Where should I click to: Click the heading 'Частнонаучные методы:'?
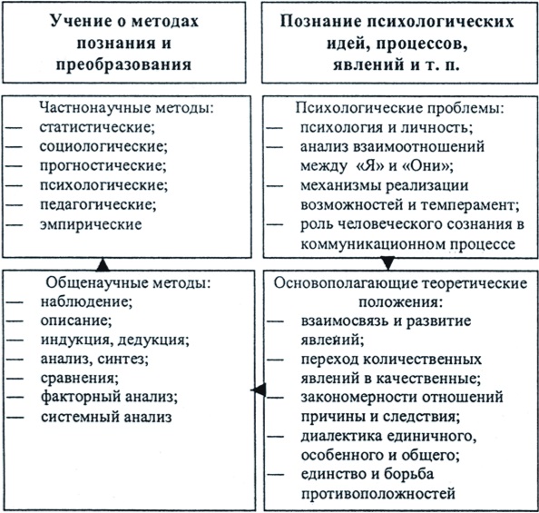126,108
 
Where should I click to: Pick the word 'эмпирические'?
91,224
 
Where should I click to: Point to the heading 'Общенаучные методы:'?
128,282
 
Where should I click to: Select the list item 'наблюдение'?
85,301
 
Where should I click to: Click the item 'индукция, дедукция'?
113,340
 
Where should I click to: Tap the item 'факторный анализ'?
108,398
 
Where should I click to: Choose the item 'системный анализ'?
106,417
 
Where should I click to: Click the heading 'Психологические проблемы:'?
400,108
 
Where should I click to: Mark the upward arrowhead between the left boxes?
103,264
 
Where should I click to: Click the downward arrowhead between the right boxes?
388,263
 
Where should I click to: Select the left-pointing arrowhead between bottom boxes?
258,390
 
